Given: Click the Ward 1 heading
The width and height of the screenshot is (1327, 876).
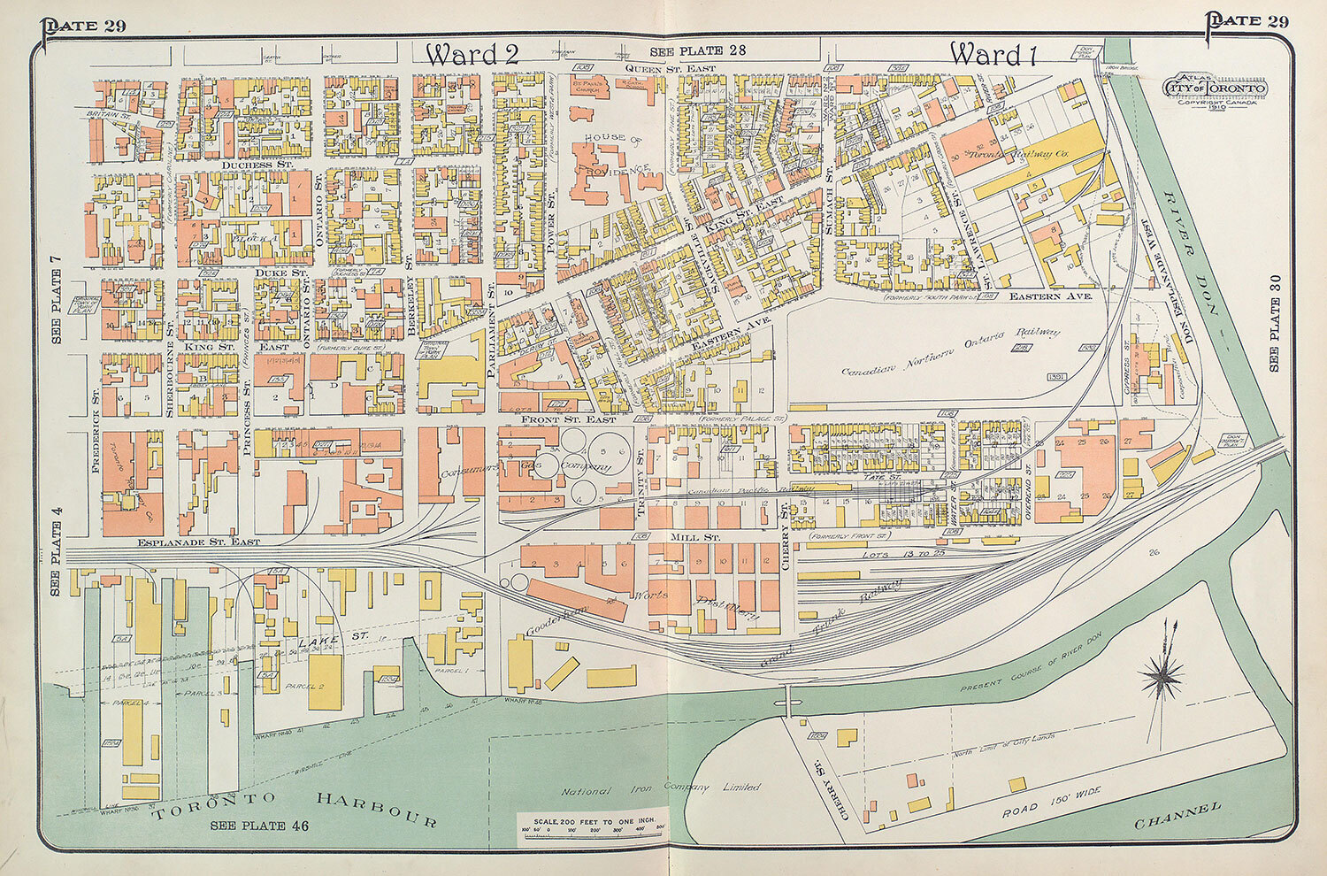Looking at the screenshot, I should pos(992,54).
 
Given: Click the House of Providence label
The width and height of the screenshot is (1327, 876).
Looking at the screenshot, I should pos(617,152).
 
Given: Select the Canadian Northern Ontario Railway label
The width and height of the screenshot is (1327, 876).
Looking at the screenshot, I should pos(950,351).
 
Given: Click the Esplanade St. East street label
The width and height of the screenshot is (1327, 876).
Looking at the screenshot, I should pos(199,541).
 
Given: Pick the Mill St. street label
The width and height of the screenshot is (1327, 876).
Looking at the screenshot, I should pos(698,537).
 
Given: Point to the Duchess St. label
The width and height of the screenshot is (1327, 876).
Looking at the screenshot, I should pos(245,165).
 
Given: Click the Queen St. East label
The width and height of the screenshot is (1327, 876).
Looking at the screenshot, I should pos(670,67).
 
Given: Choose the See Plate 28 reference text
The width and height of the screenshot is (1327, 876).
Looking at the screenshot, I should pos(697,51).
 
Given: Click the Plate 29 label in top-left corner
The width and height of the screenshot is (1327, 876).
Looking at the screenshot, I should pos(83,24).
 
